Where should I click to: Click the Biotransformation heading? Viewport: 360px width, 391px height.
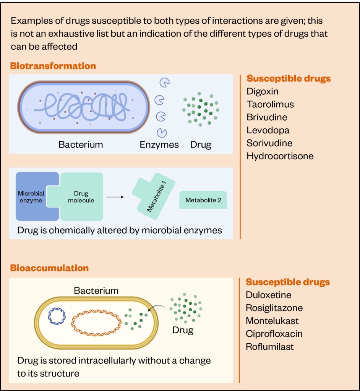[53, 66]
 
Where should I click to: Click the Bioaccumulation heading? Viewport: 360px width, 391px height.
[49, 268]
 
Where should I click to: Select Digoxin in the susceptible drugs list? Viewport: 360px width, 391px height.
[262, 91]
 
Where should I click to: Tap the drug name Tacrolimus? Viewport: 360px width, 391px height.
[270, 104]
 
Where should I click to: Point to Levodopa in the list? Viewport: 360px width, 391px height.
[268, 130]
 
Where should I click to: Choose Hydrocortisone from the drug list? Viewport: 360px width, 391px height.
[280, 156]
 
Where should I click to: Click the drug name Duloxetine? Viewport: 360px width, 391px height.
[268, 295]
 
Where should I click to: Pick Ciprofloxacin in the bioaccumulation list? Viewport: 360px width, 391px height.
[274, 334]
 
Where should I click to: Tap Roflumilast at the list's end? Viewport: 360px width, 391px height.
[270, 347]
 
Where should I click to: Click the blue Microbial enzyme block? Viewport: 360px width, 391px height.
[32, 197]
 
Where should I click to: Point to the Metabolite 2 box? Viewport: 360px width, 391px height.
[203, 200]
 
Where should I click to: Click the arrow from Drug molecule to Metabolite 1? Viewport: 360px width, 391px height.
[115, 197]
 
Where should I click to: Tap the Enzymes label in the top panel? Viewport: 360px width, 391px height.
[159, 145]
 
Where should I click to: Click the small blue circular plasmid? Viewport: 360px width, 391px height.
[57, 317]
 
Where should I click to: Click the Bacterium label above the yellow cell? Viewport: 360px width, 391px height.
[96, 291]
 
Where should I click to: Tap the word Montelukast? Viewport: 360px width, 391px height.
[272, 321]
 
